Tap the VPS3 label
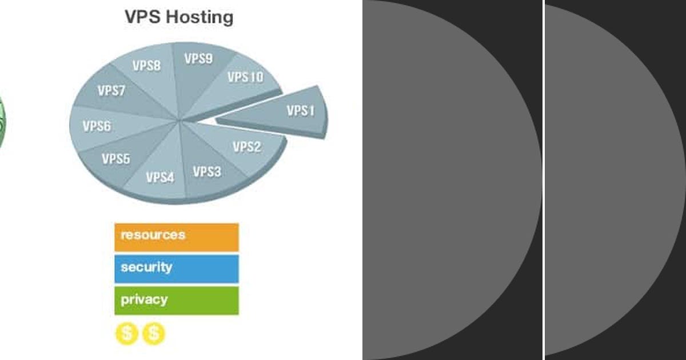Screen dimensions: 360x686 click(x=206, y=171)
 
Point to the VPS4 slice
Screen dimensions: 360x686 click(x=159, y=177)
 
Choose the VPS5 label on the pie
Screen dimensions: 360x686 click(x=116, y=159)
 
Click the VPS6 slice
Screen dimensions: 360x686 click(x=97, y=126)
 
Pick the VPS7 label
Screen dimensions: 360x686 click(x=111, y=91)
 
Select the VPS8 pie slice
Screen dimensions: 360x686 click(x=147, y=66)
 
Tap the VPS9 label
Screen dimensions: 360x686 click(x=198, y=59)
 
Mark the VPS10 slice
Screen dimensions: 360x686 click(x=245, y=77)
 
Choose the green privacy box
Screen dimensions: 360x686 click(x=176, y=301)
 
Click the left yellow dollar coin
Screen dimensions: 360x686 click(x=126, y=334)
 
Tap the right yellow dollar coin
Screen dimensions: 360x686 click(x=153, y=334)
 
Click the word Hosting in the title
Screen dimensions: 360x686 click(x=200, y=17)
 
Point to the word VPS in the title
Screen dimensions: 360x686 click(x=143, y=17)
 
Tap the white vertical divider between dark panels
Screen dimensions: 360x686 click(x=543, y=180)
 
